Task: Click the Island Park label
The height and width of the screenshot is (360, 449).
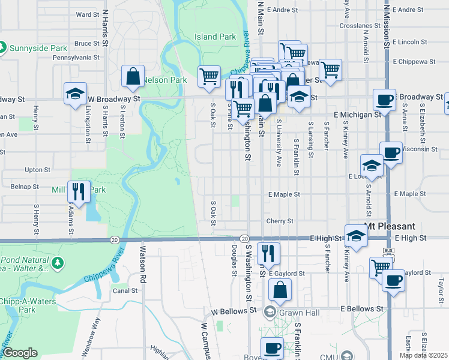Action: (x=215, y=37)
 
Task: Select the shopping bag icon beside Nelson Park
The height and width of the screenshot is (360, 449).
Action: (x=133, y=77)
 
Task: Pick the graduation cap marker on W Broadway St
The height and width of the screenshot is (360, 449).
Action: (x=76, y=94)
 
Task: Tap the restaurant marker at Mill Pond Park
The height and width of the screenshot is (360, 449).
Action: (x=79, y=192)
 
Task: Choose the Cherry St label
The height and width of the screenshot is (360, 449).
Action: (x=280, y=221)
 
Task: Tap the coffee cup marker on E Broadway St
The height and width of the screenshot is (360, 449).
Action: (x=384, y=100)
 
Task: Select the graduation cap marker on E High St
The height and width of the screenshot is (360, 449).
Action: (x=355, y=236)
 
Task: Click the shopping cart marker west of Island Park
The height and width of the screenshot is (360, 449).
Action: (x=208, y=77)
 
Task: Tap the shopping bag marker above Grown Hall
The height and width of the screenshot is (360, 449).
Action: (x=280, y=291)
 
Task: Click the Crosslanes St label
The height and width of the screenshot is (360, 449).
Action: (x=356, y=26)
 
